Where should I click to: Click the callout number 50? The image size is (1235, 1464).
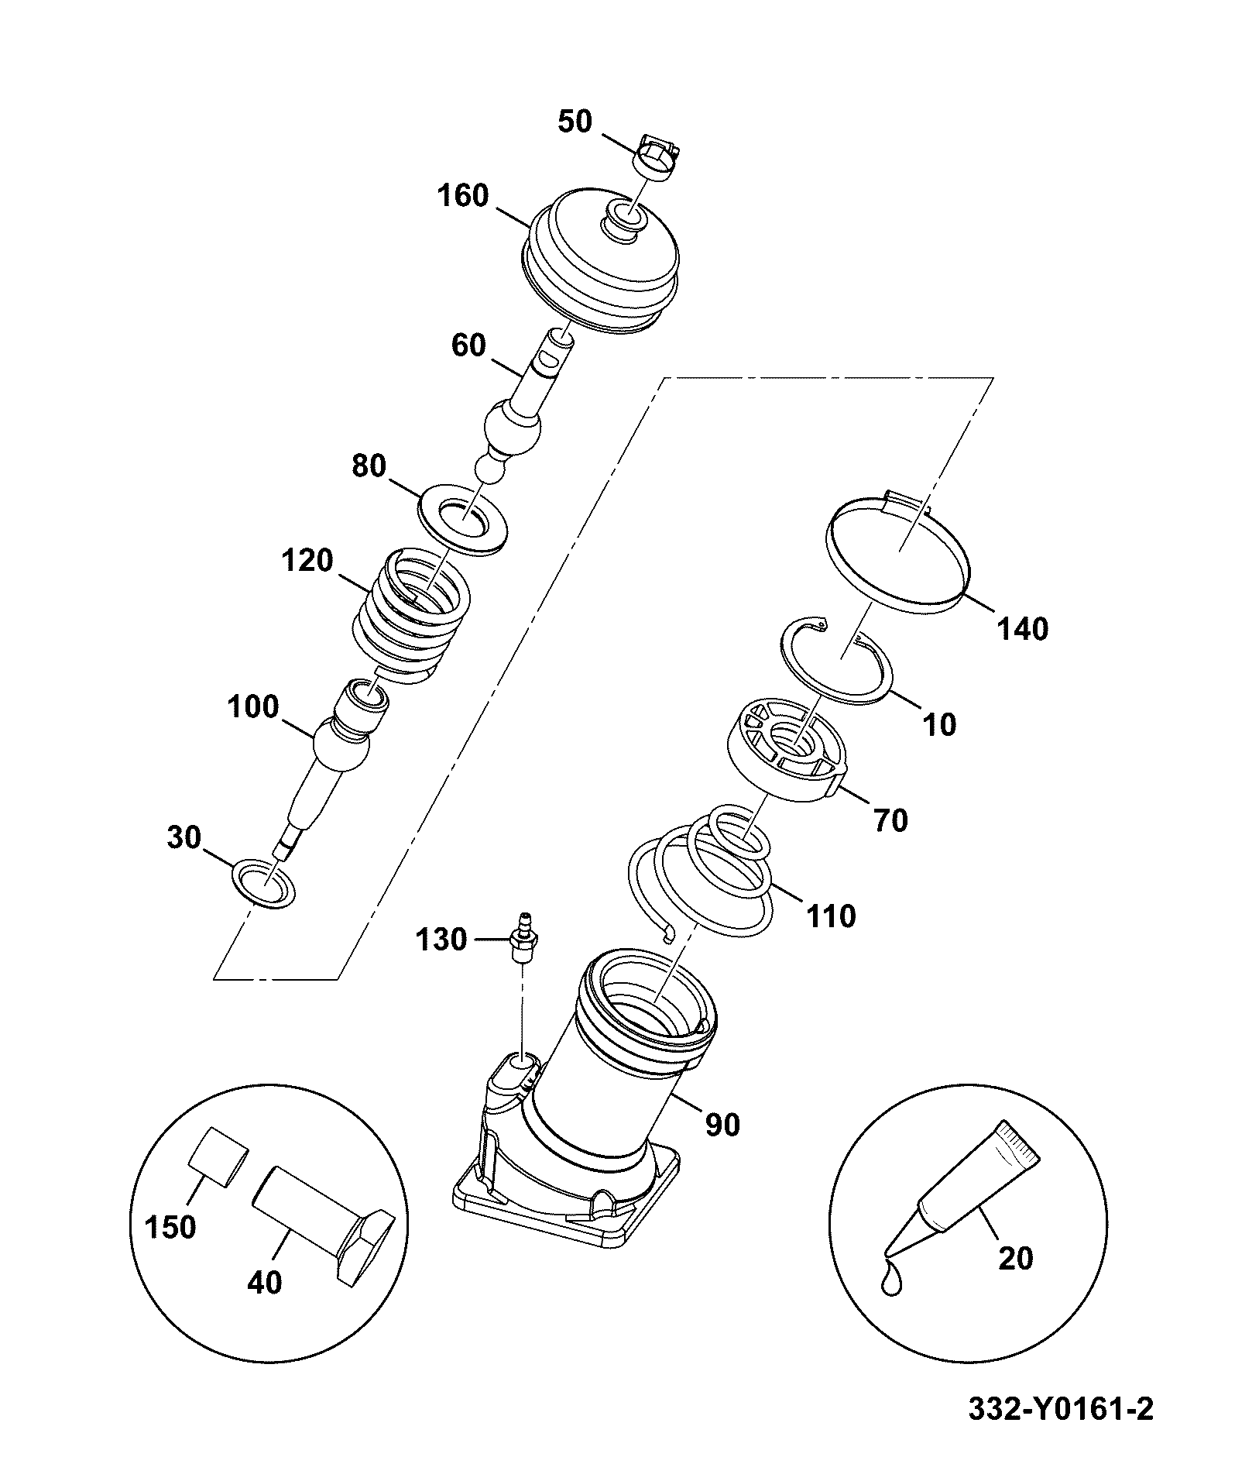coord(575,122)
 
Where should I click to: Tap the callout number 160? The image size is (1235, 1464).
coord(463,196)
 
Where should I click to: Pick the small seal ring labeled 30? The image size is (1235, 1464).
coord(264,882)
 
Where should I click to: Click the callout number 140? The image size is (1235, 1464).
coord(1021,629)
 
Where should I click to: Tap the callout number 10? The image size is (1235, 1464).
coord(939,725)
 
